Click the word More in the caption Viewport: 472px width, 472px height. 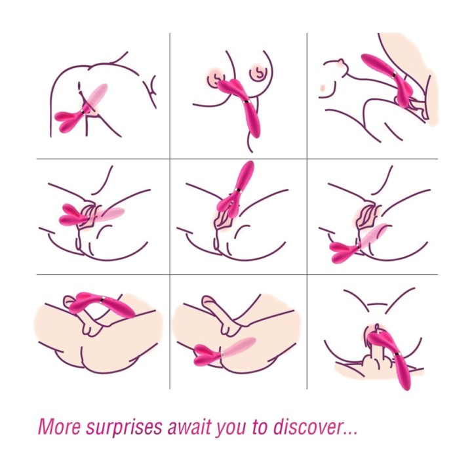pos(60,426)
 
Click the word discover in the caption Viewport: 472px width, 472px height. pos(307,426)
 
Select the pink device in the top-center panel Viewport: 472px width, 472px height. pos(241,102)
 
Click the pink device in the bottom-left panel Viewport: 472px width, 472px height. pos(102,304)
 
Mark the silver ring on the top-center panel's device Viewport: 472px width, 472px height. pos(246,103)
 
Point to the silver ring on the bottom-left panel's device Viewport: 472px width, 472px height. pos(103,299)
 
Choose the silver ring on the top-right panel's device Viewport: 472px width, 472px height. pos(394,75)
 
